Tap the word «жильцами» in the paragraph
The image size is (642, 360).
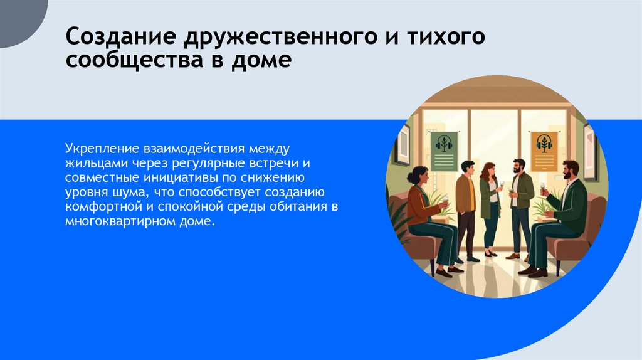[x=89, y=163]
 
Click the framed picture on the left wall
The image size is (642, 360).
[x=403, y=144]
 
